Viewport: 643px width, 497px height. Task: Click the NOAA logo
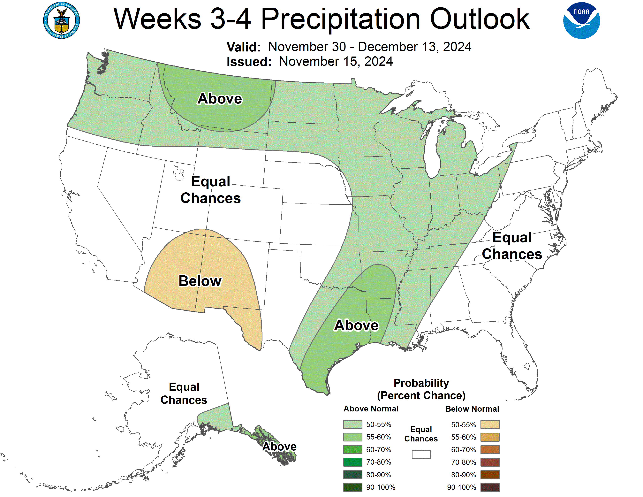pyautogui.click(x=581, y=21)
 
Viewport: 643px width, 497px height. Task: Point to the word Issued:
pyautogui.click(x=249, y=62)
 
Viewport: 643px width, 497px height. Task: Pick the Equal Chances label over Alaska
pyautogui.click(x=184, y=393)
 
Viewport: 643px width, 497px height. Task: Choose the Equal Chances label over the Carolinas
pyautogui.click(x=512, y=246)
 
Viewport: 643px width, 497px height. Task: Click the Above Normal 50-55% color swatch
pyautogui.click(x=352, y=424)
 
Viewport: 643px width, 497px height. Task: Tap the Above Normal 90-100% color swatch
pyautogui.click(x=352, y=487)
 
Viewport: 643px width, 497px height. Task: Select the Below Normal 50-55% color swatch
pyautogui.click(x=490, y=424)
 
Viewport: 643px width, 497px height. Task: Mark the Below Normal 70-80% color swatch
pyautogui.click(x=490, y=462)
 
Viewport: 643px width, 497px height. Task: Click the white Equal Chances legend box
pyautogui.click(x=421, y=454)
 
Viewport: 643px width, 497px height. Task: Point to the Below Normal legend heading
pyautogui.click(x=472, y=409)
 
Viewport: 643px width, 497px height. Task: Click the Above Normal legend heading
pyautogui.click(x=371, y=409)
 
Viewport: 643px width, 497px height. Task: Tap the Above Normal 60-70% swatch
pyautogui.click(x=352, y=450)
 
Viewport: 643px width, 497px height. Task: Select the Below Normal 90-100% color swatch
pyautogui.click(x=490, y=487)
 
